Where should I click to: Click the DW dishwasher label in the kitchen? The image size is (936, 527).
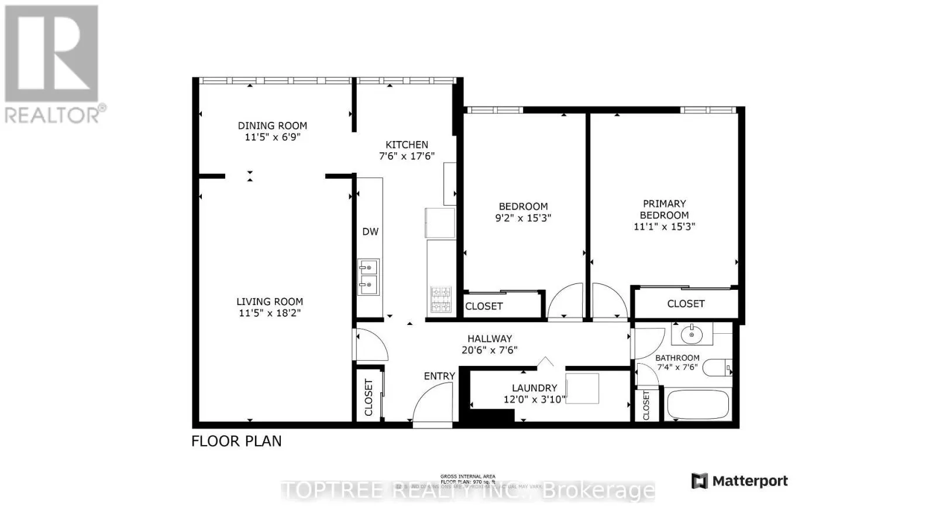click(x=370, y=231)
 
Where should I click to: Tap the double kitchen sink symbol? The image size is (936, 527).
click(x=369, y=277)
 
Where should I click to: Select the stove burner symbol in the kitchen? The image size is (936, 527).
click(x=441, y=299)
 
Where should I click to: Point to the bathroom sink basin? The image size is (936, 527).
click(x=692, y=335)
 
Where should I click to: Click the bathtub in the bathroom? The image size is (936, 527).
click(x=698, y=405)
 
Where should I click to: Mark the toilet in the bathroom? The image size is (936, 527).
click(x=716, y=368)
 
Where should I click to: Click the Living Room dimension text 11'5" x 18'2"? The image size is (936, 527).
click(x=270, y=313)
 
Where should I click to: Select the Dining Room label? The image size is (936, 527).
click(x=272, y=125)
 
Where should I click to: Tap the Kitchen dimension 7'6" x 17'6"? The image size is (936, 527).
click(x=407, y=156)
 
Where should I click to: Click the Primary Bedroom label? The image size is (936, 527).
click(x=664, y=209)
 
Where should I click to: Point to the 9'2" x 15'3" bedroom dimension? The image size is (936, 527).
click(x=523, y=218)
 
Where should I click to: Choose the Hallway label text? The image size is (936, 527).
click(x=490, y=338)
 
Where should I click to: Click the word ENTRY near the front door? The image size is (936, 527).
click(x=439, y=376)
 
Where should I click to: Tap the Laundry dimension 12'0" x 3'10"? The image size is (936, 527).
click(x=534, y=399)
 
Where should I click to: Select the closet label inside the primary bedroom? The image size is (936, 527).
click(x=686, y=303)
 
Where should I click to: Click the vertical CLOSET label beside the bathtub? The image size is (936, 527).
click(x=646, y=405)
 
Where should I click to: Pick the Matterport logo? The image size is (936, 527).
click(x=739, y=481)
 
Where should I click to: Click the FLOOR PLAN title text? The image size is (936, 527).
click(x=236, y=441)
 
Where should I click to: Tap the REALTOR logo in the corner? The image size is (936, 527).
click(x=53, y=64)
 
